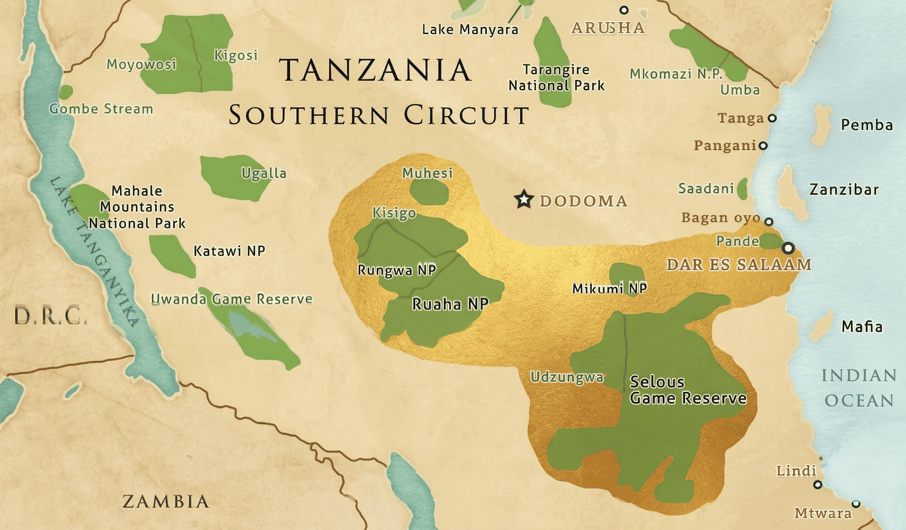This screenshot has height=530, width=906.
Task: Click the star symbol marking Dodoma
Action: [x=524, y=199]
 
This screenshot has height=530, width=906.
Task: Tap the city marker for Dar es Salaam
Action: [x=788, y=248]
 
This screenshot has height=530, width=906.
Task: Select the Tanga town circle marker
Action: [x=772, y=118]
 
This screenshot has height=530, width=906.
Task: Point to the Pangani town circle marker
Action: [x=763, y=145]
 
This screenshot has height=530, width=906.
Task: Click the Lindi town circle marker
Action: [x=817, y=484]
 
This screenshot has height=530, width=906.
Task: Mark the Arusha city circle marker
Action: [x=624, y=10]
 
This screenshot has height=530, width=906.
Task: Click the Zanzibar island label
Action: [x=843, y=189]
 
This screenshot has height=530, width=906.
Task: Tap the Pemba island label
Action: [x=866, y=125]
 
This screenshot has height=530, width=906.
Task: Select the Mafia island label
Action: [x=861, y=326]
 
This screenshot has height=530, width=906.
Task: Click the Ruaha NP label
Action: [x=450, y=304]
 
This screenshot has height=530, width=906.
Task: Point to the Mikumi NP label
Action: [x=609, y=288]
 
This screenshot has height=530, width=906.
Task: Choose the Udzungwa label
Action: [x=567, y=377]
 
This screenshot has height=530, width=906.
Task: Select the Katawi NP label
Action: [x=229, y=251]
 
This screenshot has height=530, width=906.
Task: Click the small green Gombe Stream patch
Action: [x=65, y=92]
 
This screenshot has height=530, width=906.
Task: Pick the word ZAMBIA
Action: [x=165, y=501]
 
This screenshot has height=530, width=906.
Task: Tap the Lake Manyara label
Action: [x=470, y=30]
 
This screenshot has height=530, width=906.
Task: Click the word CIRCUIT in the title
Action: [x=466, y=115]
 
